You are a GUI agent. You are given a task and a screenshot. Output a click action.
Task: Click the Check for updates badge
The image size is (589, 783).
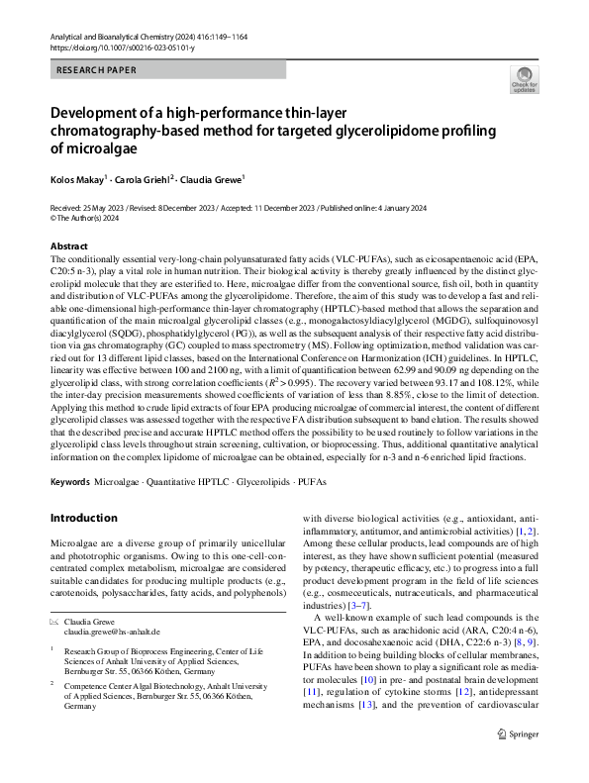point(523,80)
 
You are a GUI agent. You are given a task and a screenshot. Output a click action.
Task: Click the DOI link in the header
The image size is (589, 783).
point(117,47)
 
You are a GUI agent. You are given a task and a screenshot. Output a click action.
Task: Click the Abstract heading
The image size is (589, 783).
point(68,245)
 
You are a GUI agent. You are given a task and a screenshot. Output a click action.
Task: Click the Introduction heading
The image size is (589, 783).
point(83,518)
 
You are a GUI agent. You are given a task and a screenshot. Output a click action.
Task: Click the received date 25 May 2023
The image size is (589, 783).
point(102,209)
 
